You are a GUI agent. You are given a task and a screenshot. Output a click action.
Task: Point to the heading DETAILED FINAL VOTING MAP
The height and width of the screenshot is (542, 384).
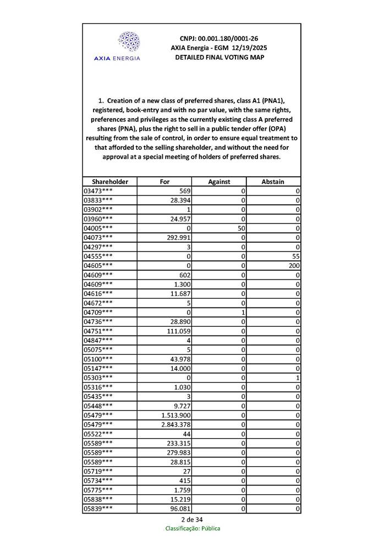(x=219, y=57)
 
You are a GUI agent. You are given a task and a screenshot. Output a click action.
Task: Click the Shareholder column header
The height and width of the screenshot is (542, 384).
(x=110, y=182)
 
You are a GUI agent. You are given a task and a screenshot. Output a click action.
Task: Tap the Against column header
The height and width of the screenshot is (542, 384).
(x=218, y=182)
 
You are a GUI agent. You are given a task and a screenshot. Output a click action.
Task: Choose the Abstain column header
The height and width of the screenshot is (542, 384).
(x=273, y=182)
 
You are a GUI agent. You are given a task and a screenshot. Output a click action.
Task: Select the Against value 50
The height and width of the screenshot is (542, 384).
(x=240, y=228)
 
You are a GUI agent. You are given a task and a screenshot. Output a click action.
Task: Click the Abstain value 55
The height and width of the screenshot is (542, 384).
(x=295, y=256)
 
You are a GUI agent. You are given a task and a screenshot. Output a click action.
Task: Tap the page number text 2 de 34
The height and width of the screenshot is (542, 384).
(x=192, y=519)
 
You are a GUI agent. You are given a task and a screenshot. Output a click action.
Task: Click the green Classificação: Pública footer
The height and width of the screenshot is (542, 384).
(x=193, y=529)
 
